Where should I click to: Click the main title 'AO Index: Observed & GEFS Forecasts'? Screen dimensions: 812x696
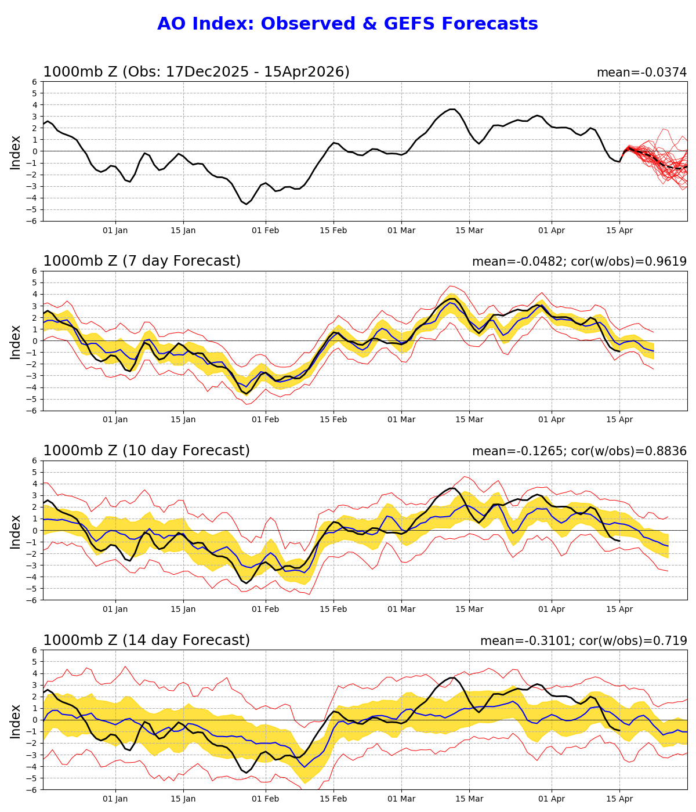(347, 24)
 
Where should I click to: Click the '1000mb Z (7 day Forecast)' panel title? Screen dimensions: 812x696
(142, 262)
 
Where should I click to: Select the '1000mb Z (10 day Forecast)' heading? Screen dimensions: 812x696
(146, 451)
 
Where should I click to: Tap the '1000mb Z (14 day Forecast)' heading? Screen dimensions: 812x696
(146, 641)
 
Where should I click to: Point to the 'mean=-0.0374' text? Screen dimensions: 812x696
(641, 73)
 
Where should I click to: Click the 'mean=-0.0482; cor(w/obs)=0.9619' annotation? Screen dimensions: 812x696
(579, 262)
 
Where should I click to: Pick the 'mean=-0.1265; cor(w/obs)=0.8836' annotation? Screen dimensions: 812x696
(579, 452)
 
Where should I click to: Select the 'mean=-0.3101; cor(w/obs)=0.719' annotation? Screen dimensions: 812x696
(583, 641)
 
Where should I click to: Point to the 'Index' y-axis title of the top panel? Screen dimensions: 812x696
(16, 152)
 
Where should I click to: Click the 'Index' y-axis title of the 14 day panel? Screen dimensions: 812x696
(16, 721)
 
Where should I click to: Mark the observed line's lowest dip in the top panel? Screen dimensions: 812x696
(246, 204)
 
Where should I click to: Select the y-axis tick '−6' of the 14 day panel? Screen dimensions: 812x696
(33, 790)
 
